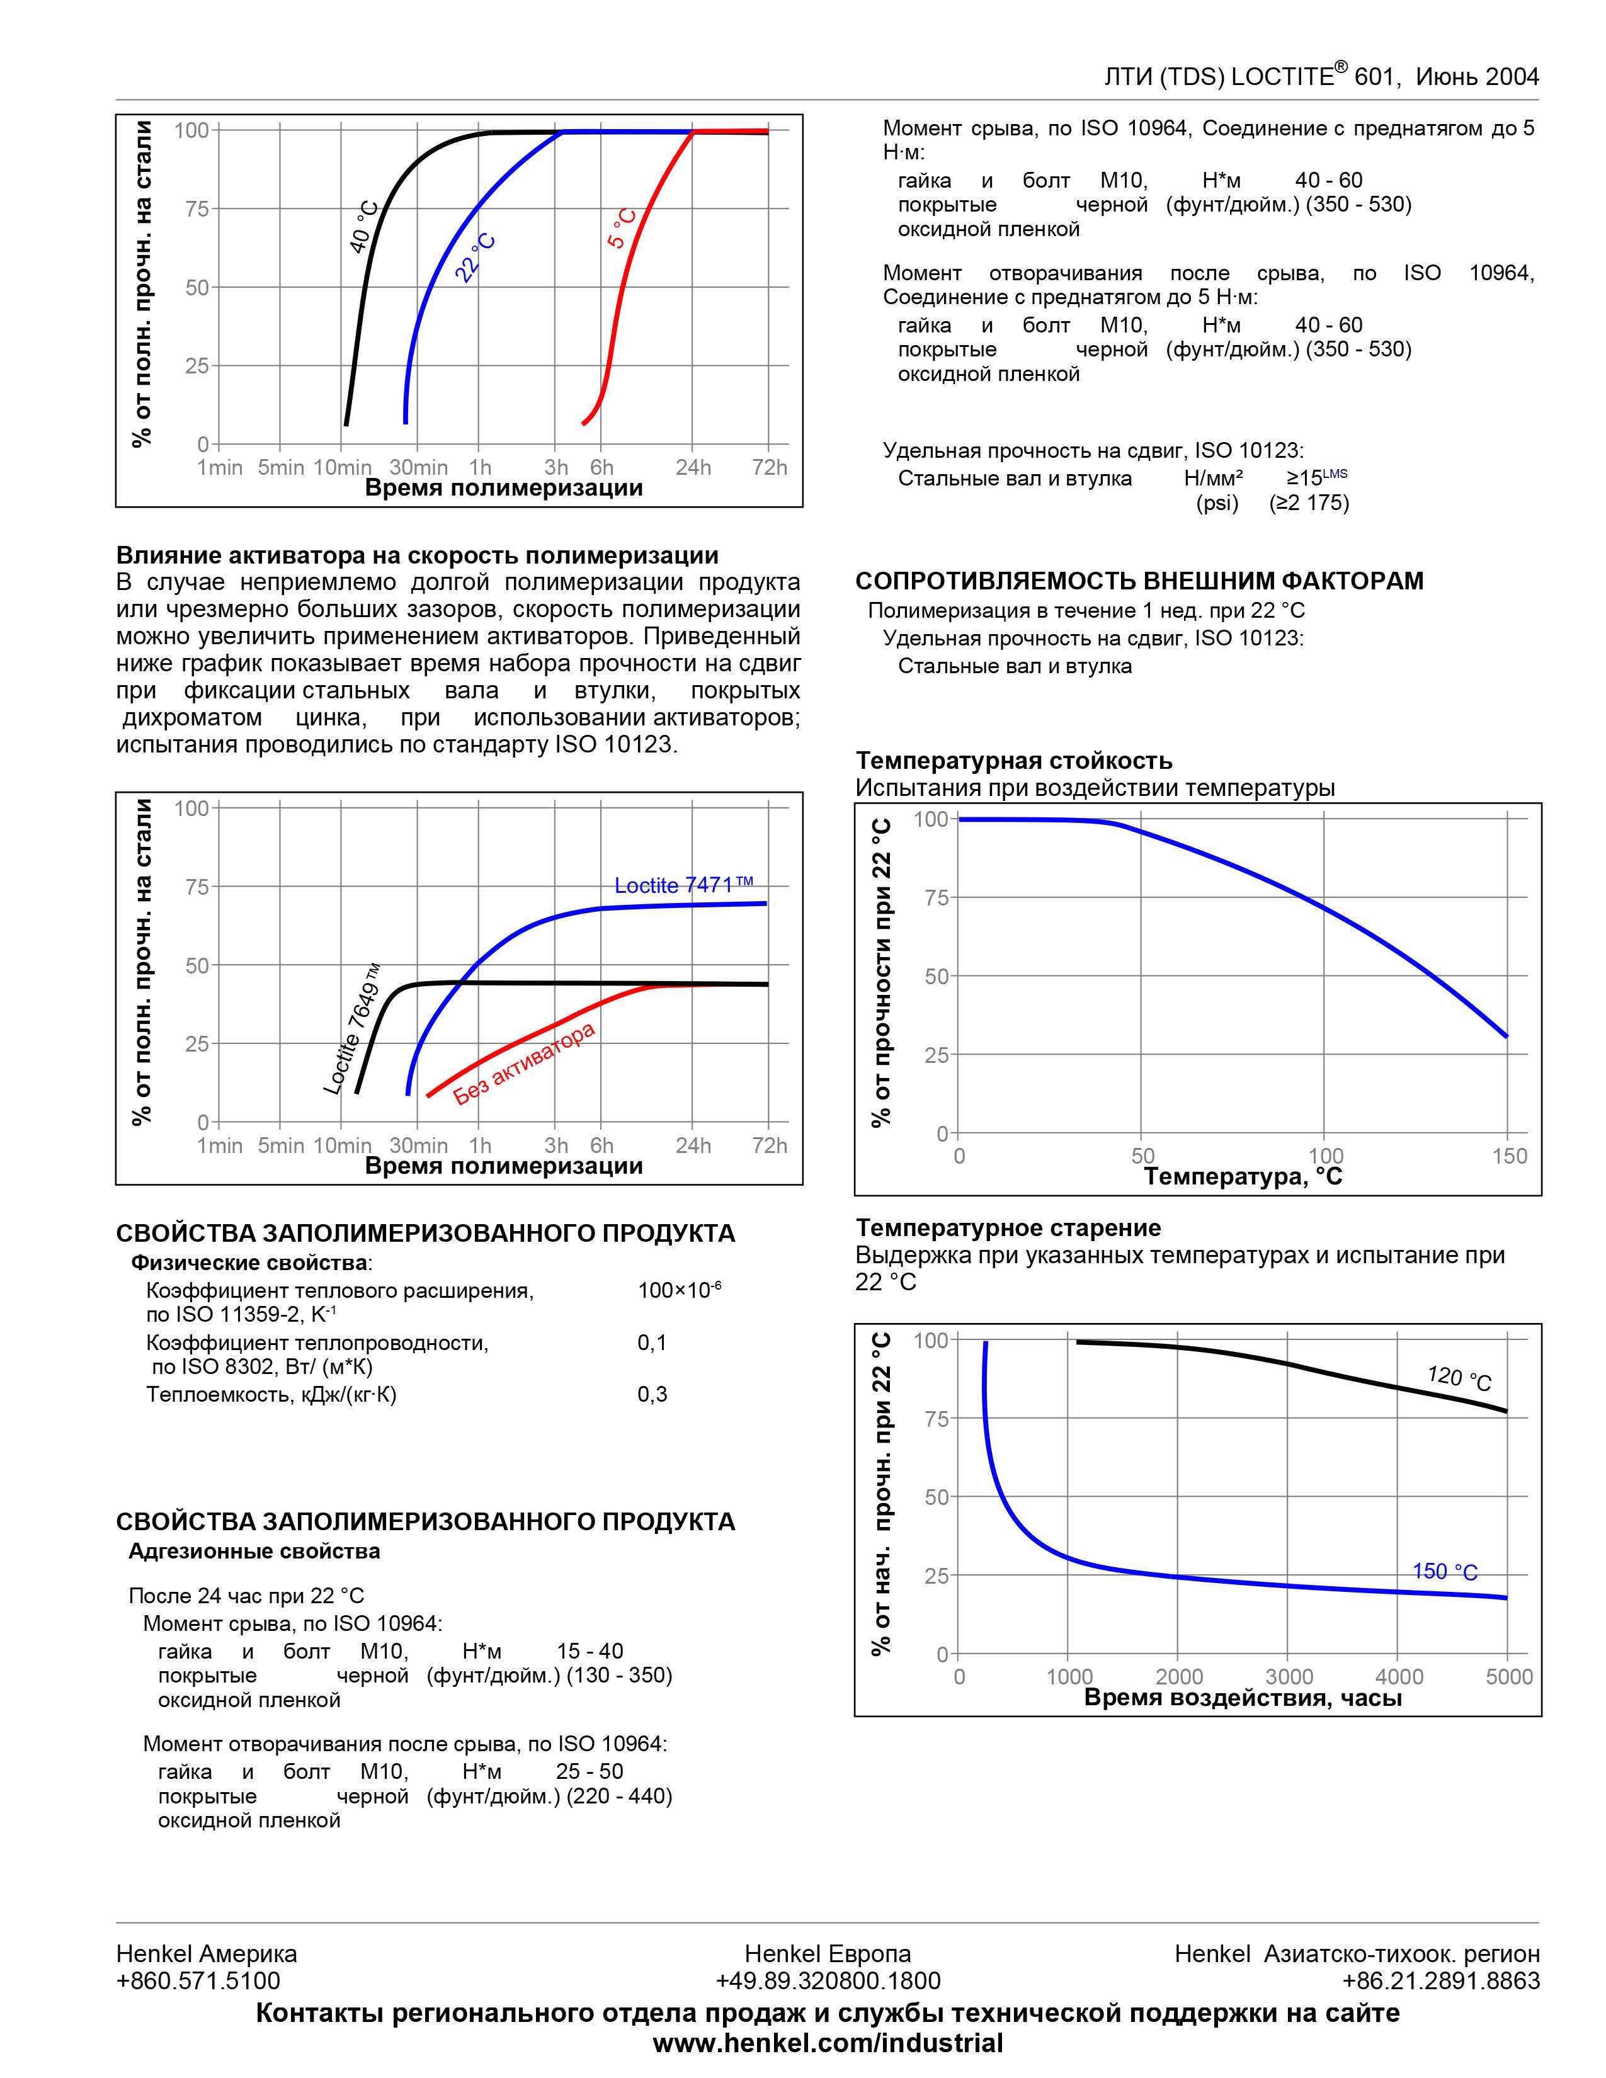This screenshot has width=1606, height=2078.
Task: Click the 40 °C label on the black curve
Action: [365, 227]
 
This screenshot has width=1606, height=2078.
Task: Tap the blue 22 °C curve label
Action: [475, 258]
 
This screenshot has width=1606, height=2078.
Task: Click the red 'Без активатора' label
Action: [524, 1063]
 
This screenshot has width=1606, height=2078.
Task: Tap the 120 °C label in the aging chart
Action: [1459, 1377]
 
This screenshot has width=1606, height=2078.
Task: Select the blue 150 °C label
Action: [1444, 1571]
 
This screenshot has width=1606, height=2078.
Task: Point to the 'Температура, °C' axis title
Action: [1243, 1177]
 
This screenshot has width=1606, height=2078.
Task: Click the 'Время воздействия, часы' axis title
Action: [1243, 1698]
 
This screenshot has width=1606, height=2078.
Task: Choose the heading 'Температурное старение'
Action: [1008, 1227]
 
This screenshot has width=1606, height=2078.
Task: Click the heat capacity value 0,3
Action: [652, 1394]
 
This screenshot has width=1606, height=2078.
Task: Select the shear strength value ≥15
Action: [1304, 478]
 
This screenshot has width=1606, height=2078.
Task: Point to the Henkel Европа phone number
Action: [828, 1981]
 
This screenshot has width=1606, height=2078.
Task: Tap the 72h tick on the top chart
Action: [770, 467]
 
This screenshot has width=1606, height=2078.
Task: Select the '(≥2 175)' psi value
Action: [1309, 502]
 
